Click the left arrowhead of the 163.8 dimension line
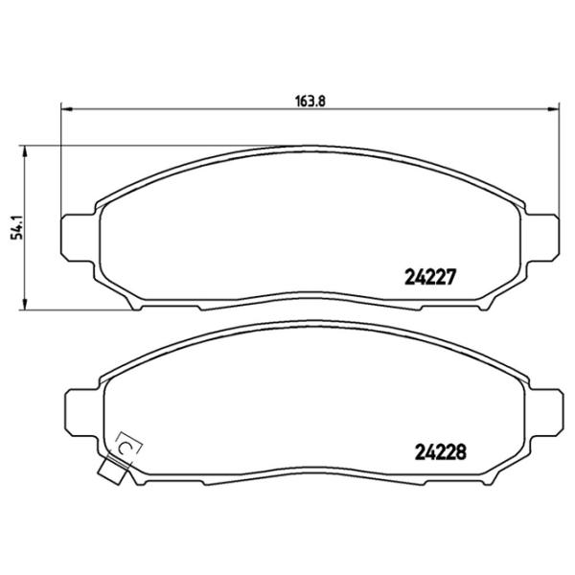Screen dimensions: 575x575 [x=65, y=108]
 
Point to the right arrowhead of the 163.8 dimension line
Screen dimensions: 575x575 [x=555, y=108]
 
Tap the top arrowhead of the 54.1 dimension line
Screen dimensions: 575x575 [x=24, y=151]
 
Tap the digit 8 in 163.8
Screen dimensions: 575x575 [x=325, y=98]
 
